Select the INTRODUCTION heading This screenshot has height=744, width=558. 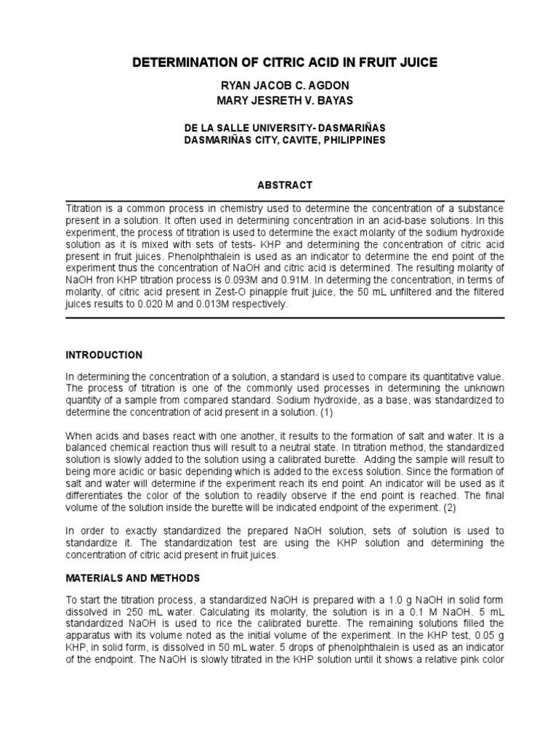pyautogui.click(x=104, y=355)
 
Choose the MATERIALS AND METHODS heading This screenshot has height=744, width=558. pyautogui.click(x=132, y=578)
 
